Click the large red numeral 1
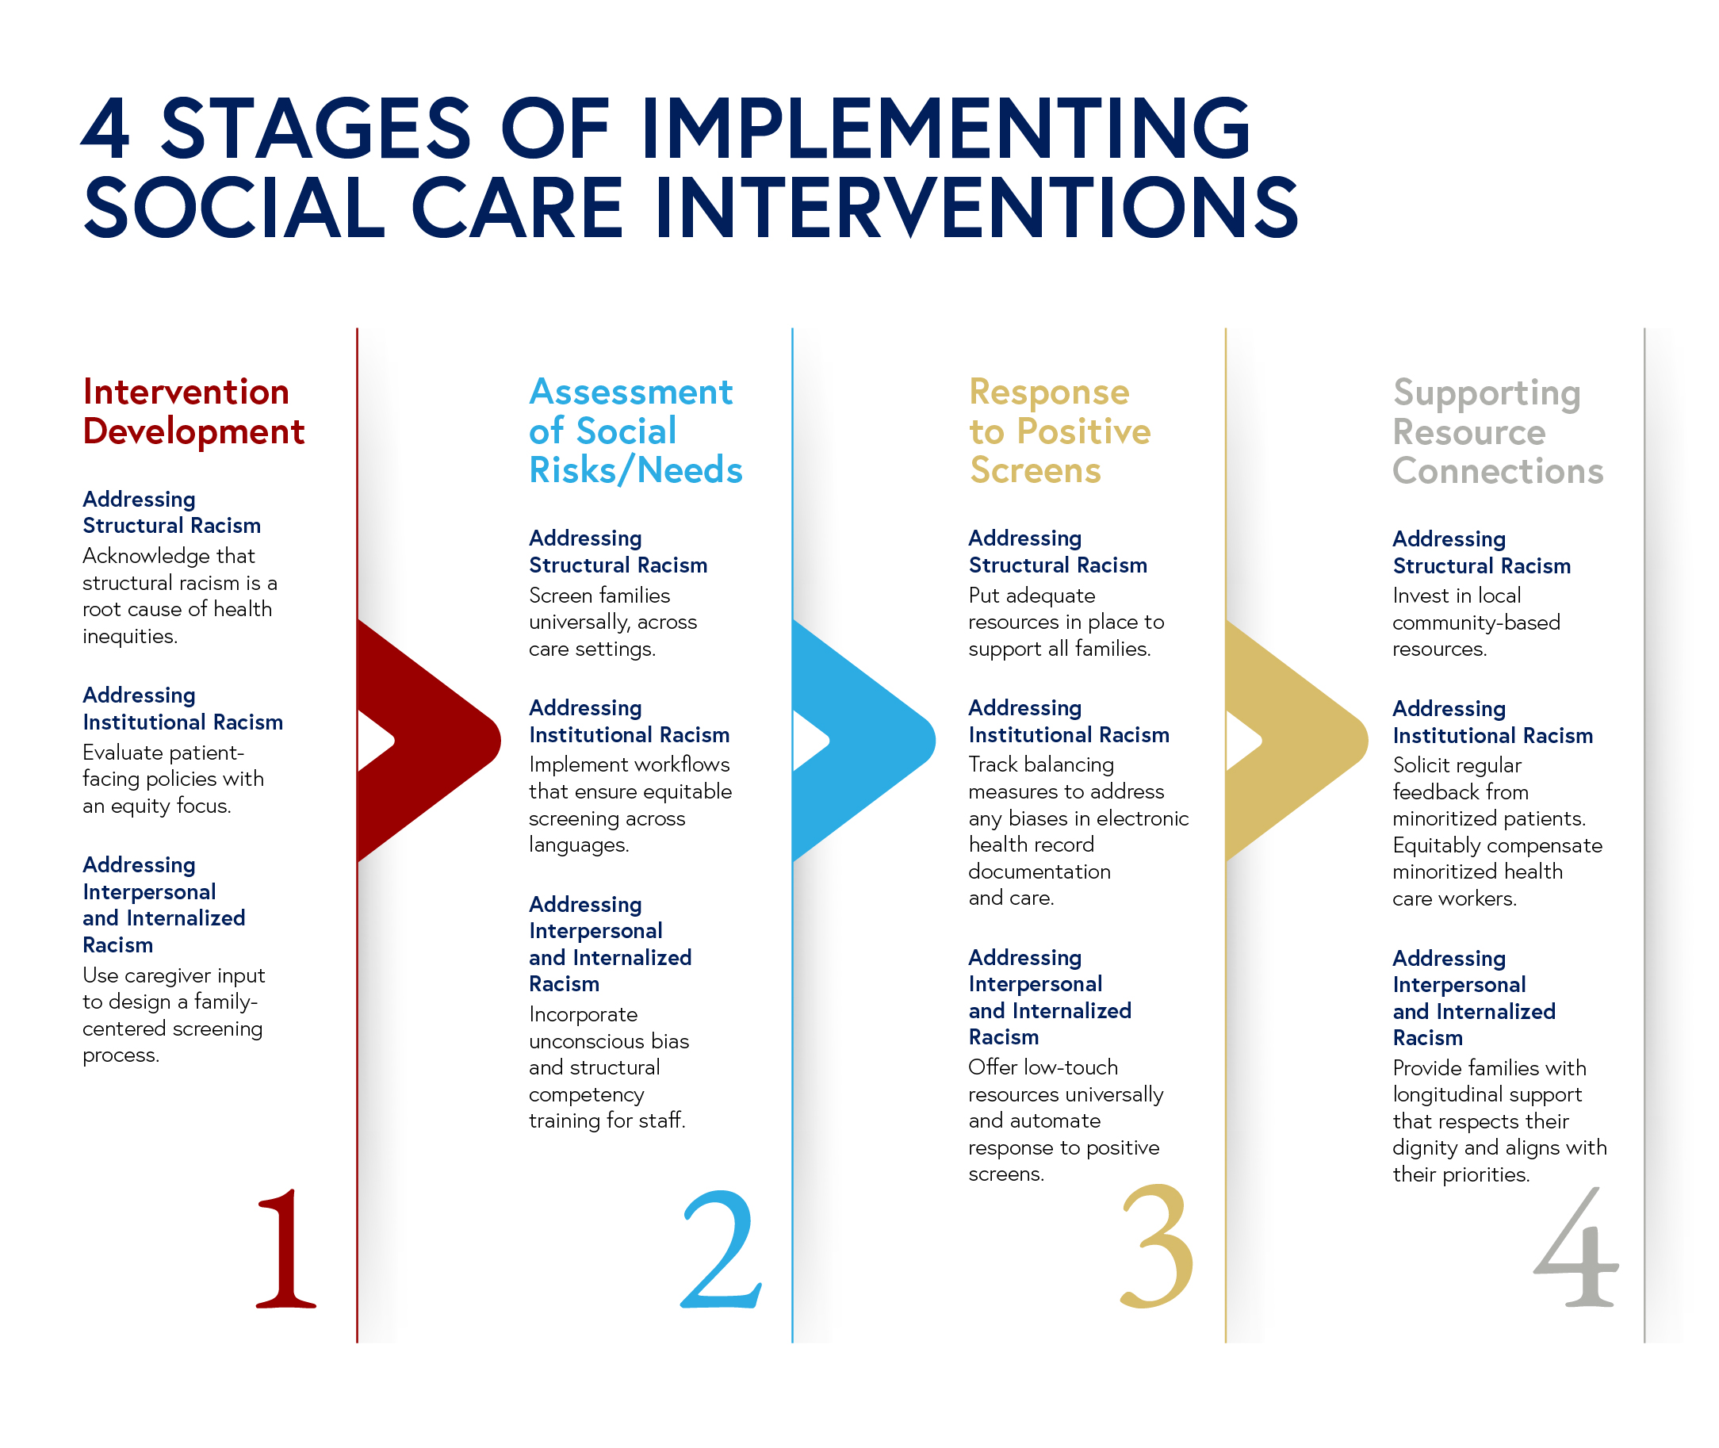coord(285,1249)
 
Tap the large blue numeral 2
coord(721,1249)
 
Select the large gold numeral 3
coord(1156,1246)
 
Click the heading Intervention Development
coord(193,412)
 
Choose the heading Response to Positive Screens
coord(1059,431)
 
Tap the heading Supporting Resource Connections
coord(1496,431)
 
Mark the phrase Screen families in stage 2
coord(599,595)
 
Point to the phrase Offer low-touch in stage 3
coord(1043,1067)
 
